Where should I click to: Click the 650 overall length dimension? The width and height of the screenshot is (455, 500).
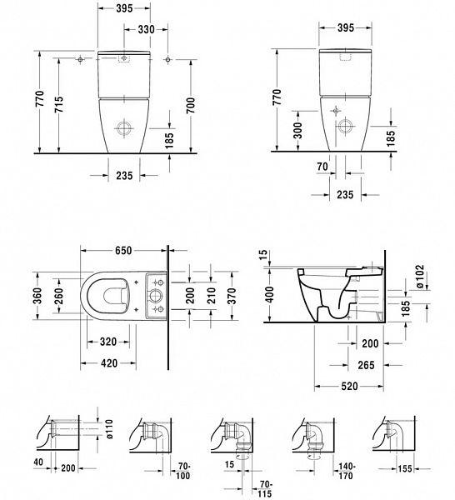[x=125, y=248]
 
